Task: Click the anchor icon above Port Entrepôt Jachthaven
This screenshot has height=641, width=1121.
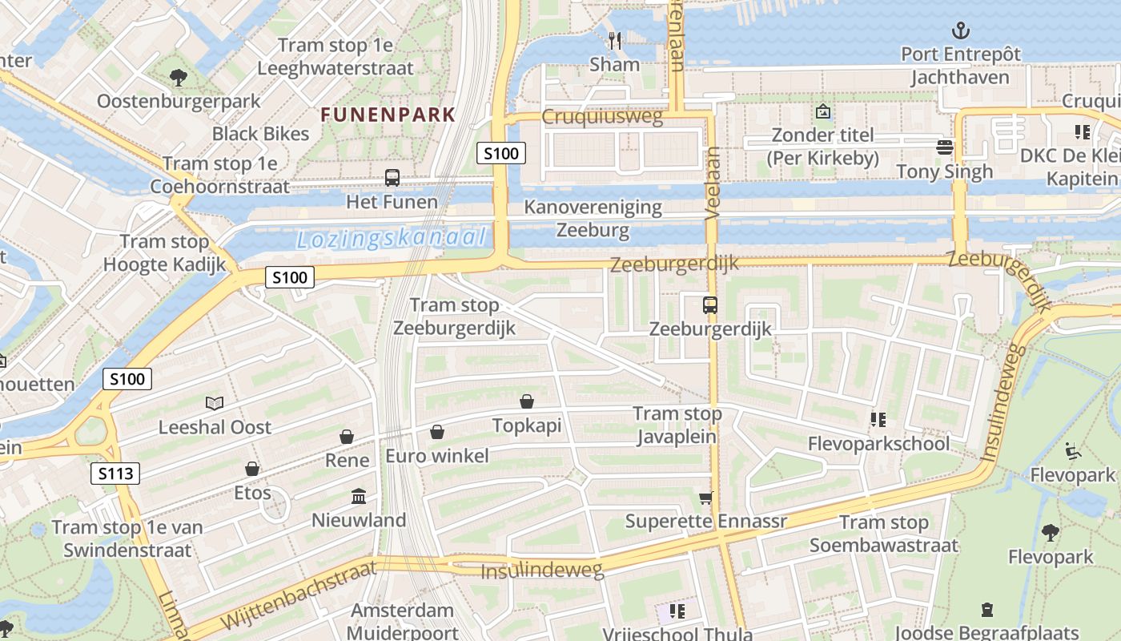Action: (x=960, y=31)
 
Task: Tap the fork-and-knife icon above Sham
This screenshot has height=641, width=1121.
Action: (x=615, y=40)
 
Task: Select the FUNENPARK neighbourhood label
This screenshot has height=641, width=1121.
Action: (x=388, y=115)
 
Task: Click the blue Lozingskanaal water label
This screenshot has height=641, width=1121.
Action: (x=392, y=239)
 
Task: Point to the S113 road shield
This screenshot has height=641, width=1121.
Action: (x=115, y=474)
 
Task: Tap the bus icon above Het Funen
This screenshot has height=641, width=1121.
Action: (x=392, y=178)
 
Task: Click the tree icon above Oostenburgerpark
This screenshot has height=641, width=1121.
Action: (x=178, y=78)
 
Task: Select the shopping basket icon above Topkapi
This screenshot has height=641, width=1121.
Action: (x=527, y=401)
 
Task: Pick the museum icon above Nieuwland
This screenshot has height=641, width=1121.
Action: (x=359, y=497)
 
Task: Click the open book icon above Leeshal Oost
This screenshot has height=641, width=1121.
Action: (x=214, y=403)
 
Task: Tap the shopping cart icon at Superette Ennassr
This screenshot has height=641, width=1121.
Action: (x=705, y=498)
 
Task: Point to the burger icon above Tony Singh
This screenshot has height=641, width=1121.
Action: (x=945, y=147)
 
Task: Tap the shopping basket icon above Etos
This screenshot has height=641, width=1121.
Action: (x=252, y=469)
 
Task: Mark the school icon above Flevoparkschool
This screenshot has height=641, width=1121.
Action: (x=878, y=419)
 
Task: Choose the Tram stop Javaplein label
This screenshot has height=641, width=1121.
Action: (x=677, y=425)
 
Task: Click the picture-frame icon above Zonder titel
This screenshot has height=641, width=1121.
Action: (x=822, y=111)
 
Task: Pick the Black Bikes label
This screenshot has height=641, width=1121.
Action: (x=260, y=134)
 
